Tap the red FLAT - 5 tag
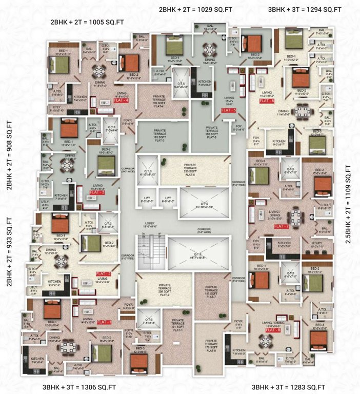coord(228,110)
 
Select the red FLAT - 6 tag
coord(267,102)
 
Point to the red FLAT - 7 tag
coord(282,226)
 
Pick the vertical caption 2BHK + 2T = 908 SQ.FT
coord(9,155)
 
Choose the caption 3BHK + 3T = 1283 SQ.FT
coord(289,386)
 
